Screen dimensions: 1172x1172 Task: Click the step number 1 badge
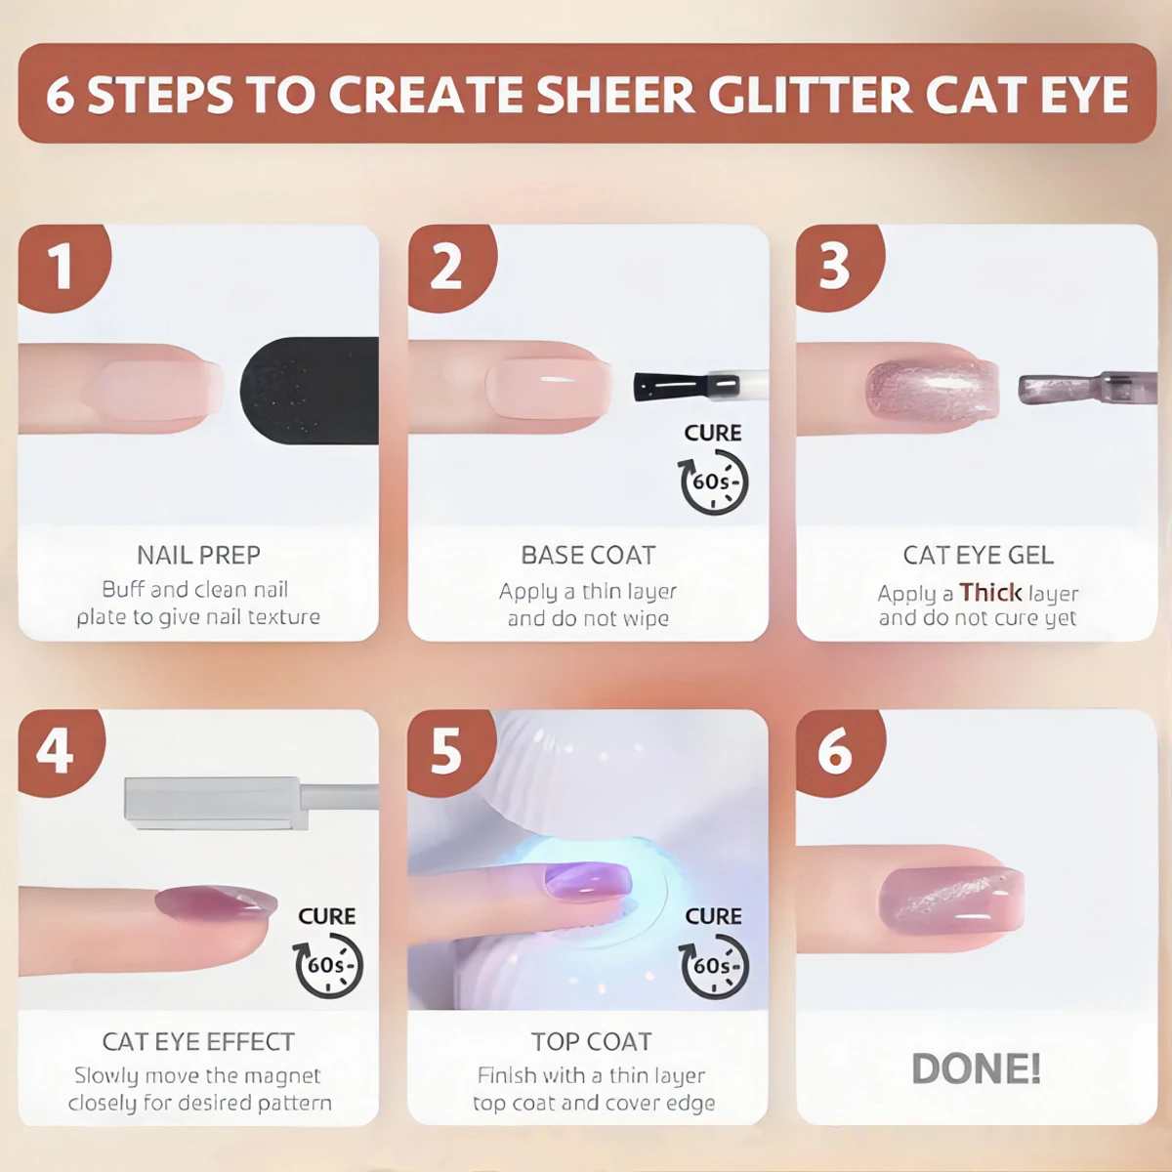tap(61, 266)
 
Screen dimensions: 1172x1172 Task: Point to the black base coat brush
tap(670, 387)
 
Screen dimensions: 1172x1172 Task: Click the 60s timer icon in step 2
tap(713, 481)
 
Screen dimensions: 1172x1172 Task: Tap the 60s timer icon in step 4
tap(328, 966)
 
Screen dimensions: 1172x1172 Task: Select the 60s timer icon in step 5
tap(713, 966)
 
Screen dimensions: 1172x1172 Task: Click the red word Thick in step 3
tap(990, 592)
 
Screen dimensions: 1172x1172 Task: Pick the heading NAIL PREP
tap(198, 555)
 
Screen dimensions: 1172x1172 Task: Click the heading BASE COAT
tap(588, 555)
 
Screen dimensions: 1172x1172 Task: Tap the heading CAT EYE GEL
tap(978, 555)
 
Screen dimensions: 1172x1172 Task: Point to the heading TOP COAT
tap(591, 1041)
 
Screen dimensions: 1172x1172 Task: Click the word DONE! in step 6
tap(976, 1068)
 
